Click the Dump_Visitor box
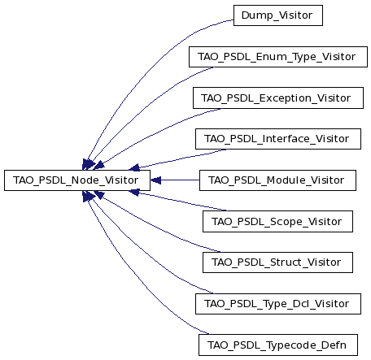(278, 15)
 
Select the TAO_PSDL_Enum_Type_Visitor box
(278, 57)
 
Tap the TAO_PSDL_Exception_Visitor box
(278, 98)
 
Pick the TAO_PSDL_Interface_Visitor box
(278, 139)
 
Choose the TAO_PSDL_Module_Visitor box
(277, 180)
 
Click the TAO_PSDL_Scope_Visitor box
(277, 222)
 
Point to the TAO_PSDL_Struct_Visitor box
(277, 262)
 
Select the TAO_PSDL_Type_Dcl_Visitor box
(278, 304)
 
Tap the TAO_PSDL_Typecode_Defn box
(278, 345)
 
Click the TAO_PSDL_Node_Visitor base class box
(77, 180)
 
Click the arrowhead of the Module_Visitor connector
(155, 180)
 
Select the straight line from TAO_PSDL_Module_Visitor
(180, 180)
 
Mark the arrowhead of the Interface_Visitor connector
(135, 167)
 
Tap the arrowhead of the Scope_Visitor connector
(135, 193)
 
